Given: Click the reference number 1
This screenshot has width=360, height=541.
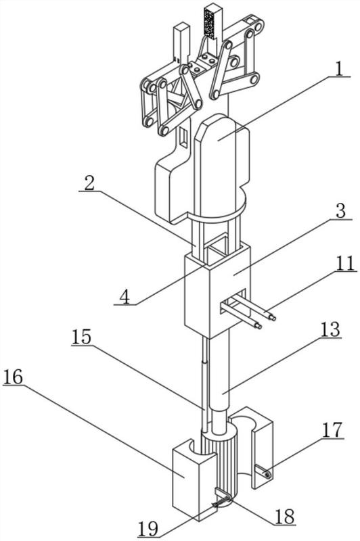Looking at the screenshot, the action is click(x=340, y=69).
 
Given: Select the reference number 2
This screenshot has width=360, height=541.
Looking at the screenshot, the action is click(x=89, y=183).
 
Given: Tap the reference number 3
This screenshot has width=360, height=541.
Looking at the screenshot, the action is click(x=341, y=211).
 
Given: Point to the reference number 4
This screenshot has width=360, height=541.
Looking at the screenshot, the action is click(x=126, y=297).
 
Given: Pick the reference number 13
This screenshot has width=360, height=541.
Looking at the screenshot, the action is click(x=331, y=330).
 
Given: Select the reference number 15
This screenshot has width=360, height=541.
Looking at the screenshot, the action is click(x=81, y=337).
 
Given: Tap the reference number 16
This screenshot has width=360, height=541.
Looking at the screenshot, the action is click(x=13, y=377).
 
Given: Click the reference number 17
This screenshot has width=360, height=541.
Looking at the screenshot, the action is click(x=332, y=430).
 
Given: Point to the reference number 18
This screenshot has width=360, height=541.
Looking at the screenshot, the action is click(x=285, y=517).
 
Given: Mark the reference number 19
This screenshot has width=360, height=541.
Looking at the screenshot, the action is click(x=148, y=529).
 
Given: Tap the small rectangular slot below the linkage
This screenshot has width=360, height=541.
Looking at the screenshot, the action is click(x=184, y=138).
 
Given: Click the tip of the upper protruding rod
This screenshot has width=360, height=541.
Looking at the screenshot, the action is click(x=273, y=318).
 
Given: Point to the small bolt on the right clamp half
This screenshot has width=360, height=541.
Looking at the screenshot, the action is click(x=267, y=475).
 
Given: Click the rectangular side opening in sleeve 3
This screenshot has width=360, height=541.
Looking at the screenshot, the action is click(x=234, y=302).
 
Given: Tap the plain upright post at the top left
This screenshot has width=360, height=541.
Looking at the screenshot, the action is click(x=182, y=41).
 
